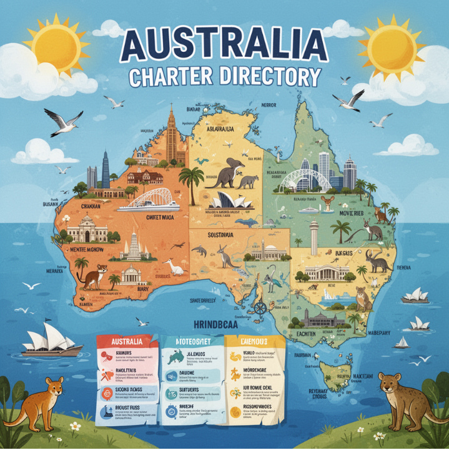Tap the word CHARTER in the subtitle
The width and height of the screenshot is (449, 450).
click(169, 78)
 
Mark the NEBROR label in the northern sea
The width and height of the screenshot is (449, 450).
click(269, 105)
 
